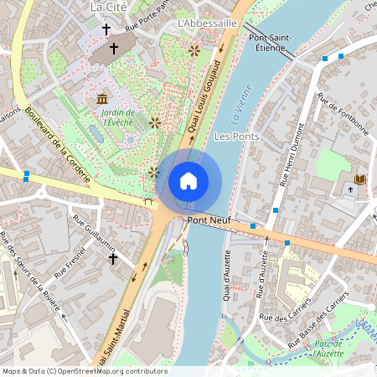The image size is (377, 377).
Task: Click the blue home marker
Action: click(x=188, y=180)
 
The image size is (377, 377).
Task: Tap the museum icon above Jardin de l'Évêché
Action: click(x=101, y=99)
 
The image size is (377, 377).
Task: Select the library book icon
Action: click(x=361, y=179)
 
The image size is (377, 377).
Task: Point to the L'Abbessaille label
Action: click(x=208, y=23)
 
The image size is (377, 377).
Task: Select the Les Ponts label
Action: click(x=236, y=136)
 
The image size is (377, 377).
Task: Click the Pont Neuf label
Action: click(x=208, y=220)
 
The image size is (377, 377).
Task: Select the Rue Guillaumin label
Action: click(x=94, y=232)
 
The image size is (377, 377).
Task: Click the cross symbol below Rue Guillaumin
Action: click(x=112, y=259)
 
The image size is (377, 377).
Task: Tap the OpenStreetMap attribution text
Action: click(x=85, y=371)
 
